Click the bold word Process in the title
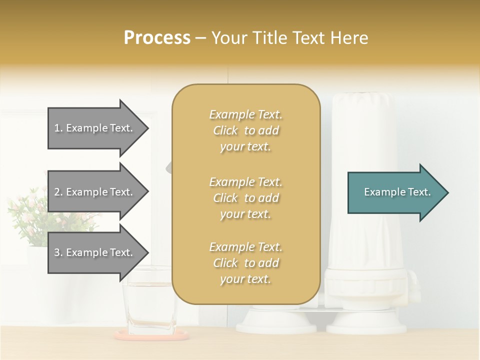157,38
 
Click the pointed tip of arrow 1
147,128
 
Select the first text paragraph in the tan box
245,130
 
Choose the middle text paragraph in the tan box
245,197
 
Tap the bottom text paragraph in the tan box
245,263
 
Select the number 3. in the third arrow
58,252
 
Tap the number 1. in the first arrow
58,128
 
